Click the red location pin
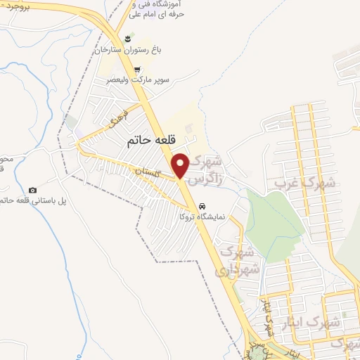coord(181,165)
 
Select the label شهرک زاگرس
coord(209,168)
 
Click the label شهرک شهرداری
coord(239,259)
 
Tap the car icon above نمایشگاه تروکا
coord(202,206)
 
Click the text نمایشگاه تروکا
coord(202,217)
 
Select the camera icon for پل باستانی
coord(32,190)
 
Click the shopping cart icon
coord(136,70)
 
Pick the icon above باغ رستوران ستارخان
coord(127,39)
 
